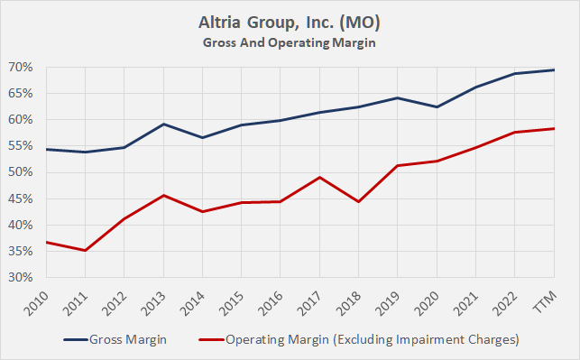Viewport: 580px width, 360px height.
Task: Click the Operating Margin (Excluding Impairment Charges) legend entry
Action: pyautogui.click(x=375, y=339)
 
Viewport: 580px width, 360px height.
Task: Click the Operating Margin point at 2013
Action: pyautogui.click(x=164, y=195)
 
